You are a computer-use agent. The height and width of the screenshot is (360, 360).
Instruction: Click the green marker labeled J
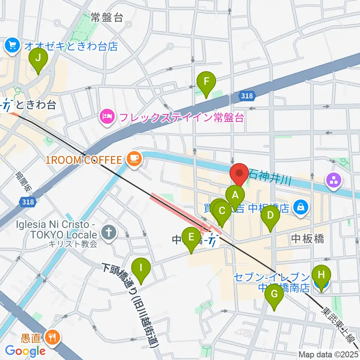(38, 59)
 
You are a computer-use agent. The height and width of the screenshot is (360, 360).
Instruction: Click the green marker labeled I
(141, 268)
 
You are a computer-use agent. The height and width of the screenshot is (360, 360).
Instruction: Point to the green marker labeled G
(274, 295)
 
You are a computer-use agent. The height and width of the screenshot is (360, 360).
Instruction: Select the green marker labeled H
(321, 275)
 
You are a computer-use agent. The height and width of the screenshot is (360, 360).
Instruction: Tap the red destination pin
(239, 173)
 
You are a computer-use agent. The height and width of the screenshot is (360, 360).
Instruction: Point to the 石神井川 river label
(270, 174)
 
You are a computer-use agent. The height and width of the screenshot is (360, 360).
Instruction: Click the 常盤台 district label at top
(107, 17)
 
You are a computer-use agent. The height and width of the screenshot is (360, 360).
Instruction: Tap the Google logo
(25, 351)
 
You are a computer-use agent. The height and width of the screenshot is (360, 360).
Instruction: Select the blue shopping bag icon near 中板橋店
(300, 206)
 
